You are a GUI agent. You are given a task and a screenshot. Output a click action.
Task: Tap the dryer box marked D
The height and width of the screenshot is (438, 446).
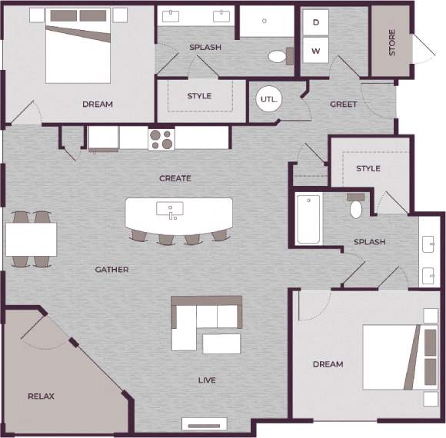[316, 23]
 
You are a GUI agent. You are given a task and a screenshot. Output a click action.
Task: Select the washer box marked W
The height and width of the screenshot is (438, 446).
[316, 51]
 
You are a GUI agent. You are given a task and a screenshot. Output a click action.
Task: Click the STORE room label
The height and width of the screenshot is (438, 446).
[392, 42]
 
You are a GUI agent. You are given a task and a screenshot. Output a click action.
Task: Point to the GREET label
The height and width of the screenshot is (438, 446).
[343, 105]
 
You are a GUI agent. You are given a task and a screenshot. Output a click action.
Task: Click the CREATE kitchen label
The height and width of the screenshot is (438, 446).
[175, 178]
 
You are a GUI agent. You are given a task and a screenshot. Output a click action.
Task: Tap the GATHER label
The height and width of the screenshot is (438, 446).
[111, 270]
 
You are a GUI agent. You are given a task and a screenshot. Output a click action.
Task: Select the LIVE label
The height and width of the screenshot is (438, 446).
[206, 380]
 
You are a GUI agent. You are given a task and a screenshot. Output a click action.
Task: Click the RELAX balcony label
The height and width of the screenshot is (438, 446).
[42, 397]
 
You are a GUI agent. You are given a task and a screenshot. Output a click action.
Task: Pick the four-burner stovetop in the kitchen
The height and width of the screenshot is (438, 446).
[161, 138]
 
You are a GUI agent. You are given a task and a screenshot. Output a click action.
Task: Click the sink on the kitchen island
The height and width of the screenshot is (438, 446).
[170, 208]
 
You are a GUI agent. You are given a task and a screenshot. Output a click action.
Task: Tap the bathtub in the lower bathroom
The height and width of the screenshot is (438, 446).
[308, 219]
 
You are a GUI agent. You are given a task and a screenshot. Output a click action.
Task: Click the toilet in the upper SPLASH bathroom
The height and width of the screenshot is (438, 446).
[278, 55]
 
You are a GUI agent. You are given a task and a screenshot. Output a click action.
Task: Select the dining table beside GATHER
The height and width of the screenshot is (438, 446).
[31, 239]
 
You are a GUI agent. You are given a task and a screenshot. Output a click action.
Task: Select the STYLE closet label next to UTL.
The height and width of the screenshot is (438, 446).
[199, 96]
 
